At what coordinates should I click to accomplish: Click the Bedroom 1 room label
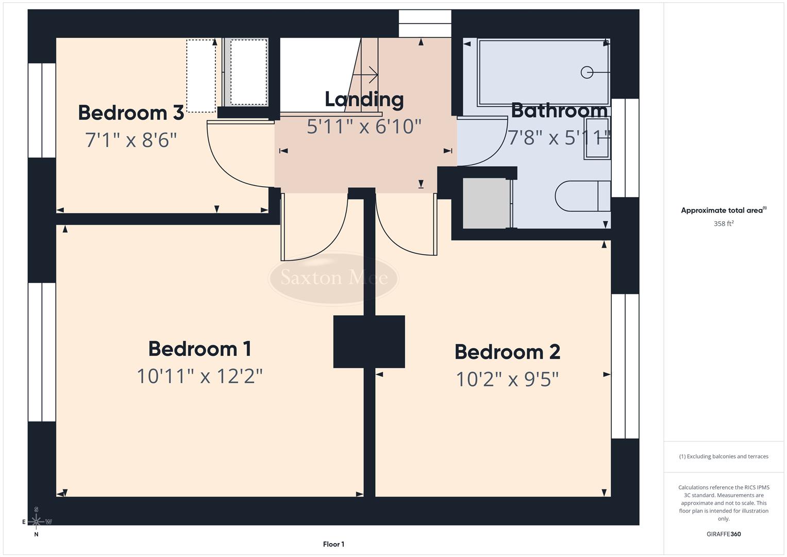[199, 349]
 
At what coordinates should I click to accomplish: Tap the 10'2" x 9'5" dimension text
[507, 380]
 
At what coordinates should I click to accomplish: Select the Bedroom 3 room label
[131, 113]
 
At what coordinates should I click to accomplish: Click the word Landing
[364, 100]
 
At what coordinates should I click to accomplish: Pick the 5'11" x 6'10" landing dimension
[364, 126]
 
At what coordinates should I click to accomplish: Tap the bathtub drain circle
[587, 73]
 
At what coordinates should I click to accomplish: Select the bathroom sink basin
[597, 138]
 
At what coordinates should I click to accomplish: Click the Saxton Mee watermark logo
[333, 278]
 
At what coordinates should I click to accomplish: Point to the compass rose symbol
[36, 521]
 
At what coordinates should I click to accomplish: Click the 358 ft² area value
[723, 224]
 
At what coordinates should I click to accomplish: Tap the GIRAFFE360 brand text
[723, 534]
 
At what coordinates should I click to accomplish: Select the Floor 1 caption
[333, 544]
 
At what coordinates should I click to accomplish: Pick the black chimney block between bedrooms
[369, 341]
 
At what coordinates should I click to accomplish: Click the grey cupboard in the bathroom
[485, 203]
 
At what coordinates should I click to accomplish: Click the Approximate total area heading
[723, 210]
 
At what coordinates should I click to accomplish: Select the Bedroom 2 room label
[507, 352]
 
